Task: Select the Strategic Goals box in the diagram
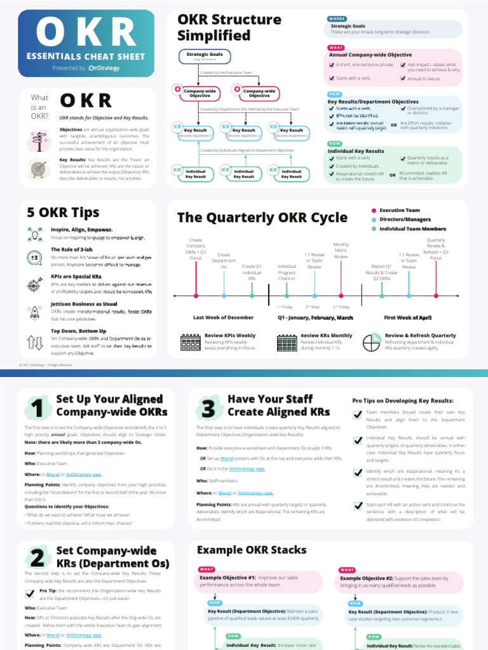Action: [x=204, y=57]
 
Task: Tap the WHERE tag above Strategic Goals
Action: [x=336, y=18]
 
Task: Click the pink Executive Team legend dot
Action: [x=373, y=210]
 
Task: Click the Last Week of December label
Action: [x=223, y=317]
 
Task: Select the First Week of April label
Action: [x=407, y=317]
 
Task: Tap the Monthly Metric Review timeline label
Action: [x=341, y=250]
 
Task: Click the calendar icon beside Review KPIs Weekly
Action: [x=191, y=343]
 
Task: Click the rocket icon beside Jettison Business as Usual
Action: [x=36, y=311]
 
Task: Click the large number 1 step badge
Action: [x=37, y=408]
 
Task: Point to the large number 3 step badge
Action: [x=208, y=408]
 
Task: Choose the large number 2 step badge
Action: [x=37, y=557]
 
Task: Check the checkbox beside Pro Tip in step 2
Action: [x=30, y=594]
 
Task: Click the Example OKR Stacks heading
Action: [x=242, y=550]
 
